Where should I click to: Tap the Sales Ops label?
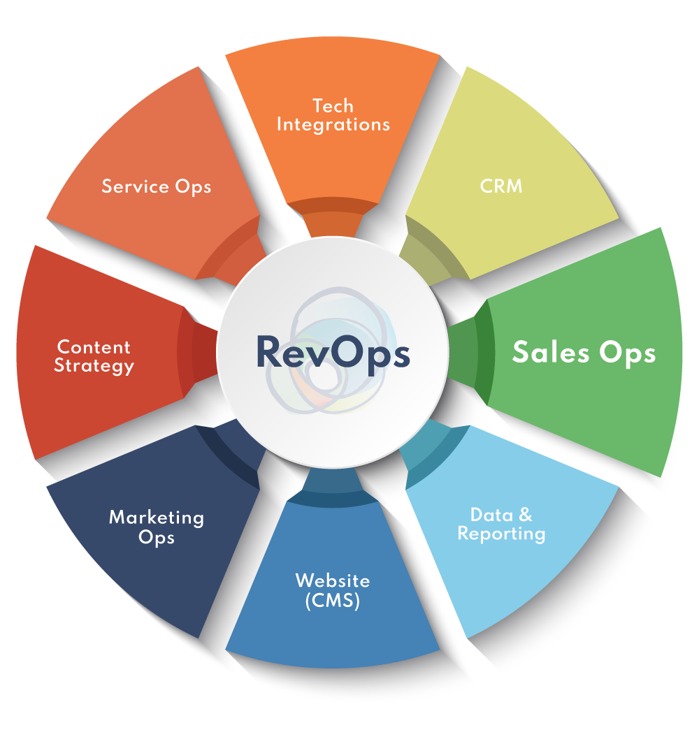[x=584, y=352]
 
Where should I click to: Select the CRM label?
[x=501, y=186]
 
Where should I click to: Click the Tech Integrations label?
[x=333, y=115]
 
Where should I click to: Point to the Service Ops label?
[x=156, y=186]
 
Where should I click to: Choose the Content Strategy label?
[x=94, y=356]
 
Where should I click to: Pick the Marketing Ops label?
[x=156, y=527]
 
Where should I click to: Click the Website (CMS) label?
[x=333, y=590]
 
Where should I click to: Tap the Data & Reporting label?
[x=501, y=525]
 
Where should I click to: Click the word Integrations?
[x=333, y=125]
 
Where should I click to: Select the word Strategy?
[x=94, y=365]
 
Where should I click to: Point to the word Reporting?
[x=501, y=534]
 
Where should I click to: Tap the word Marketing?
[x=156, y=518]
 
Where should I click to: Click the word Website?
[x=333, y=580]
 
